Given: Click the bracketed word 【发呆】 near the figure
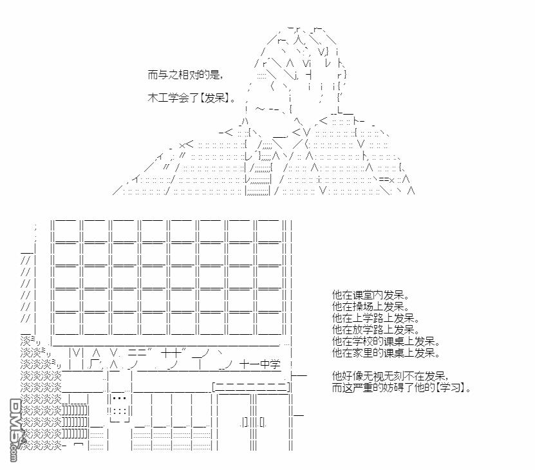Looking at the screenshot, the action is pos(214,98).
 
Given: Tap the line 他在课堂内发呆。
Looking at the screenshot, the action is pos(371,295).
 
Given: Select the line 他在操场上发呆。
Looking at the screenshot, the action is pos(371,306).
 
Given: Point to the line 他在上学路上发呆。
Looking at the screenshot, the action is pos(376,318).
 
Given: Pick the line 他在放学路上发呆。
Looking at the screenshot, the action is pos(376,330).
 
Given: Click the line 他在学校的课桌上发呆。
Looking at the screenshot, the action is pos(386,341).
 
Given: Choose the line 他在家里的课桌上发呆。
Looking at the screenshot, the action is pos(386,353).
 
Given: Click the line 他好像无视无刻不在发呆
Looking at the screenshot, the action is pos(389,376).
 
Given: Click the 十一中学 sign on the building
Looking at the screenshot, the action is pos(260,364).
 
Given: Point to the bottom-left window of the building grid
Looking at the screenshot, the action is pos(66,323).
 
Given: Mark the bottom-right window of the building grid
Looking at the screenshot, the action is pos(269,323).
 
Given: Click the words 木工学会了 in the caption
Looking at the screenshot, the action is pos(173,98).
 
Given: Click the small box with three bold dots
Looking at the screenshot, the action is pos(119,399).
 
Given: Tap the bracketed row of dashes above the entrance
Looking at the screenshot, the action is pos(251,387).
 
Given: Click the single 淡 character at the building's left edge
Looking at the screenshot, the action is pos(26,341).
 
